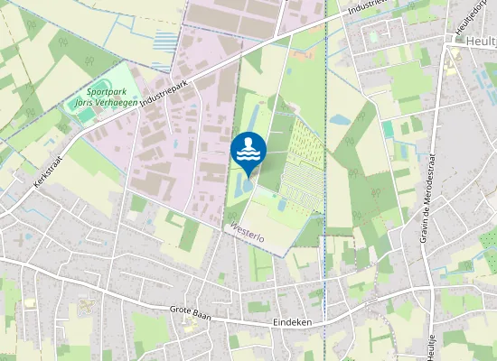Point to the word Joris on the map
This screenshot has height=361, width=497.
point(84,102)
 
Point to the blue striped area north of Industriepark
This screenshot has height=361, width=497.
point(165,41)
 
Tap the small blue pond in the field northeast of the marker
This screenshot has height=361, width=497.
point(341,119)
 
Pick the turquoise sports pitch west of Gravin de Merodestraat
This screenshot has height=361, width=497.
point(389,129)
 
